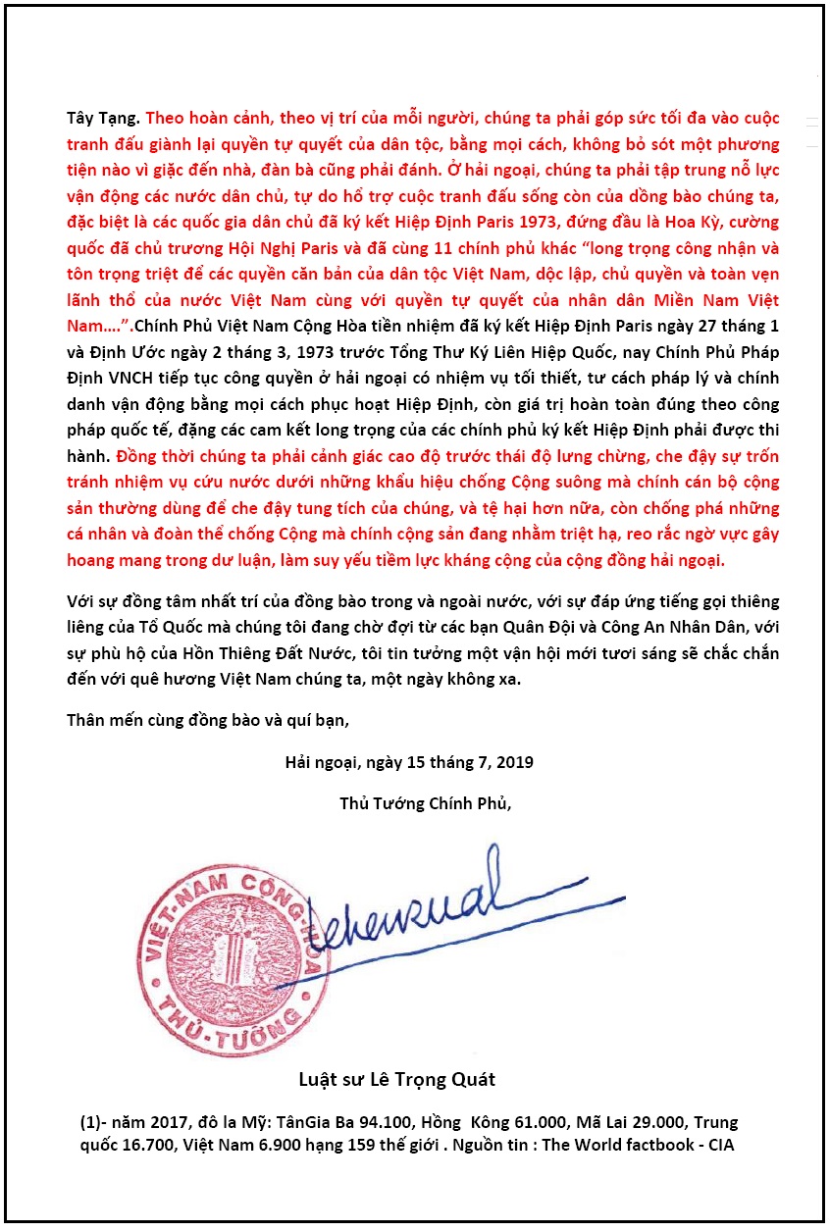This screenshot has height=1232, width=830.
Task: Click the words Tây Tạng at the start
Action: tap(102, 119)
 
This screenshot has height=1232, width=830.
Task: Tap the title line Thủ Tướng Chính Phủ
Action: tap(425, 803)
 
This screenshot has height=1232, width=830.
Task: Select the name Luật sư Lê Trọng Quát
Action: tap(396, 1080)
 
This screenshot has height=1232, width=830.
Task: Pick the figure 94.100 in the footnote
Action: tap(358, 1122)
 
